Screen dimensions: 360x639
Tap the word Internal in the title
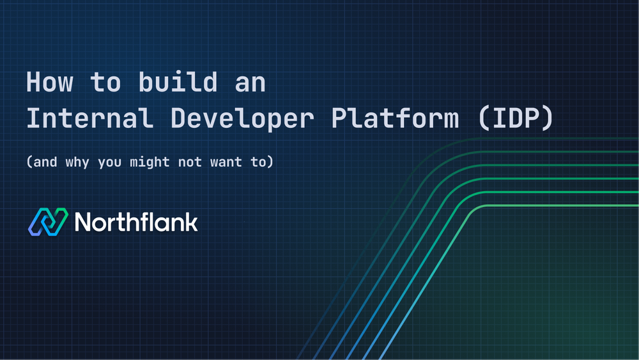(x=85, y=120)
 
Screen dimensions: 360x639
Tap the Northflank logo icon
(x=48, y=222)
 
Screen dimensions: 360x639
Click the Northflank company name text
(x=136, y=222)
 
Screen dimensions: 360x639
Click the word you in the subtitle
(x=109, y=162)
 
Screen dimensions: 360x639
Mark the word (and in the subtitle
(x=41, y=162)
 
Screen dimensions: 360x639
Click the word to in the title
(x=104, y=84)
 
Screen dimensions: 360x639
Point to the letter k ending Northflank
(x=191, y=222)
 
